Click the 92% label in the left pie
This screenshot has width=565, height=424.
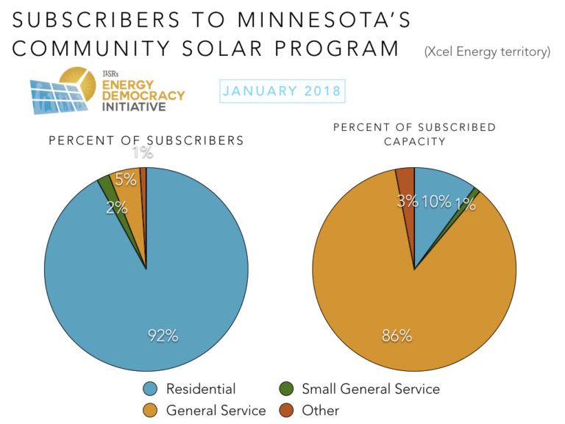pyautogui.click(x=162, y=336)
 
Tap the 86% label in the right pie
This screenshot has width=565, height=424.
pyautogui.click(x=397, y=336)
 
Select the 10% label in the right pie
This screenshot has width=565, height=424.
pyautogui.click(x=436, y=201)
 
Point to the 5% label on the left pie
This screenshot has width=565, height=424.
pyautogui.click(x=125, y=180)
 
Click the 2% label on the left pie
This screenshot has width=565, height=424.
pyautogui.click(x=116, y=208)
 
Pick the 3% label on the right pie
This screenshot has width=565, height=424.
pyautogui.click(x=407, y=201)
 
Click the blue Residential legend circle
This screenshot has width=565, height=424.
pyautogui.click(x=150, y=389)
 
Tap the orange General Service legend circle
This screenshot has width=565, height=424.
pyautogui.click(x=150, y=410)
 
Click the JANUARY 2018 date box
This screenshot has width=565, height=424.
pyautogui.click(x=282, y=91)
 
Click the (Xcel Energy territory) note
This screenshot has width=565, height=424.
pyautogui.click(x=487, y=52)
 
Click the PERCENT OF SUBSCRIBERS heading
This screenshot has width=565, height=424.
pyautogui.click(x=146, y=141)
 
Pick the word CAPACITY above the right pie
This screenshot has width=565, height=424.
pyautogui.click(x=414, y=141)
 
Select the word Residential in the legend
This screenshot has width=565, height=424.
pyautogui.click(x=201, y=389)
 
